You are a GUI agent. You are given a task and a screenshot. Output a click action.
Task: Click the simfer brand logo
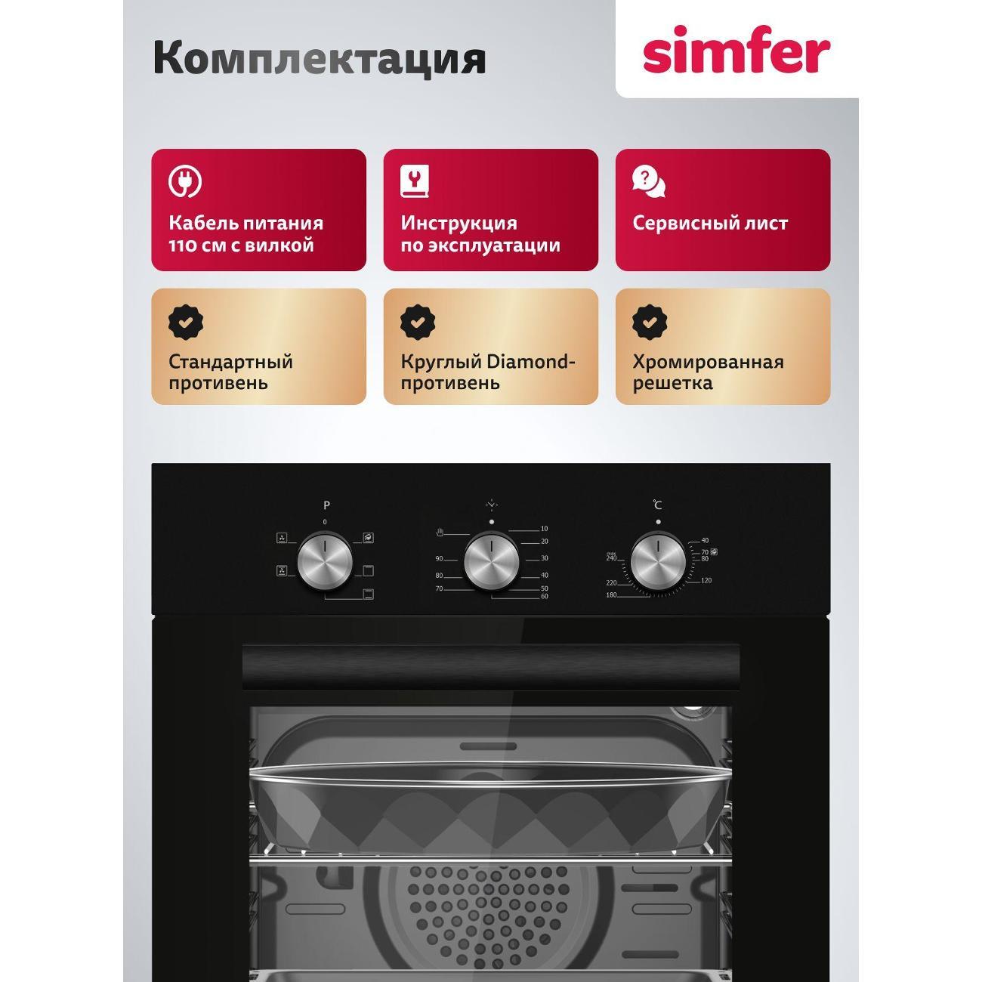pos(736,51)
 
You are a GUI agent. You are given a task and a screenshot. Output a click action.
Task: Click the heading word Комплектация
pos(319,59)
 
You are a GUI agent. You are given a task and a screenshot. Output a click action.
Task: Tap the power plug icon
pos(184,181)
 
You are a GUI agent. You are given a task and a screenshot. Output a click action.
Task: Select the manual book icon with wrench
pos(415,181)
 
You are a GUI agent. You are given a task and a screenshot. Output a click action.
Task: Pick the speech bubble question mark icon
pos(648,181)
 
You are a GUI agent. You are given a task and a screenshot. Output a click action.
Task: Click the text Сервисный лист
pos(710,224)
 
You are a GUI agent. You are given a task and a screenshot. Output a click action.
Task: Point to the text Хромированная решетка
pos(708,372)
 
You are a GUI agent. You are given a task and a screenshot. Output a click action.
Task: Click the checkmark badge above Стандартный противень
pos(185,321)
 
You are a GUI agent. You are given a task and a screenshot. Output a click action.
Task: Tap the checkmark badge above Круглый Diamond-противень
pos(417,321)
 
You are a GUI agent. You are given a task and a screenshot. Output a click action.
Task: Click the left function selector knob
pos(325,562)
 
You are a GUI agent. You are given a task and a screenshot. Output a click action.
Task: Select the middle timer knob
pos(491,562)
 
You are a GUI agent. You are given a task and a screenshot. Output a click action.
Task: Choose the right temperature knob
pos(658,562)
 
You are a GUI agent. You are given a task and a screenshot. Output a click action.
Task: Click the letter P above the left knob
pos(326,505)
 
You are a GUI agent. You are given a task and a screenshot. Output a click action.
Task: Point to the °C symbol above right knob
pos(658,505)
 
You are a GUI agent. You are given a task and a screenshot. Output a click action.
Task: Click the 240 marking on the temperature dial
pos(611,558)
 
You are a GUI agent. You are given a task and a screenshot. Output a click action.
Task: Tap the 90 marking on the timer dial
pos(439,559)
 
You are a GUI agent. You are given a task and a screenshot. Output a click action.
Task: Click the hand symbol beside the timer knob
pos(440,533)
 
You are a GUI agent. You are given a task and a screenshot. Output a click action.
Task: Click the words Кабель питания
pos(246,224)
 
